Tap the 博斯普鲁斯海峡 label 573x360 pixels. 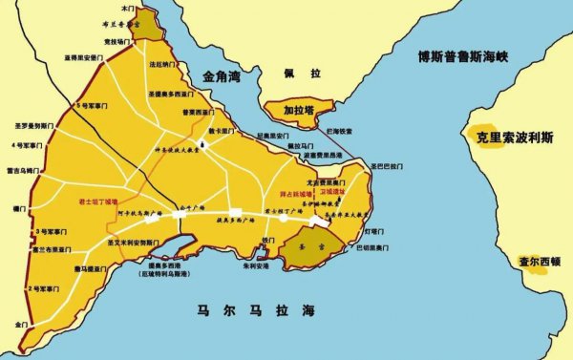click(456, 57)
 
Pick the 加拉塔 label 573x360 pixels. click(300, 110)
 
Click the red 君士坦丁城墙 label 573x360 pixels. click(98, 202)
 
